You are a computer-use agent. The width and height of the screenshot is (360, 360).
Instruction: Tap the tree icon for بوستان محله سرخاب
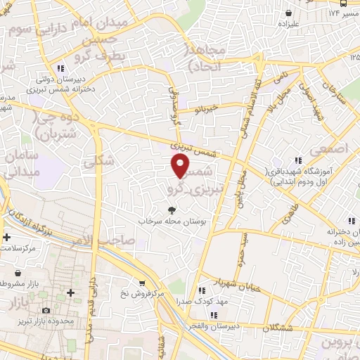tap(172, 209)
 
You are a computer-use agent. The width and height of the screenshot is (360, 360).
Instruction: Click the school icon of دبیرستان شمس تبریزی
tap(61, 68)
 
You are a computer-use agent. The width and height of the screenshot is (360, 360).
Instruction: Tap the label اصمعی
tap(332, 148)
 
